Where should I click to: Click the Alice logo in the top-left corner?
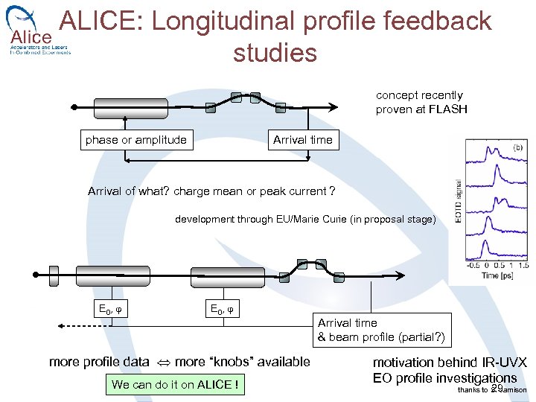click(33, 33)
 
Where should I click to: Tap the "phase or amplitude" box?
click(136, 140)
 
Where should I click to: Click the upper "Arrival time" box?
click(303, 140)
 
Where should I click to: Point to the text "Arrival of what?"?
click(129, 191)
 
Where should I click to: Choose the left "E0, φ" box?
click(112, 309)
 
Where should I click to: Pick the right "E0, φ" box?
click(224, 309)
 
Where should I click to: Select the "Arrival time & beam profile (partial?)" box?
click(381, 330)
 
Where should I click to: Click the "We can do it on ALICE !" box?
click(175, 385)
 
